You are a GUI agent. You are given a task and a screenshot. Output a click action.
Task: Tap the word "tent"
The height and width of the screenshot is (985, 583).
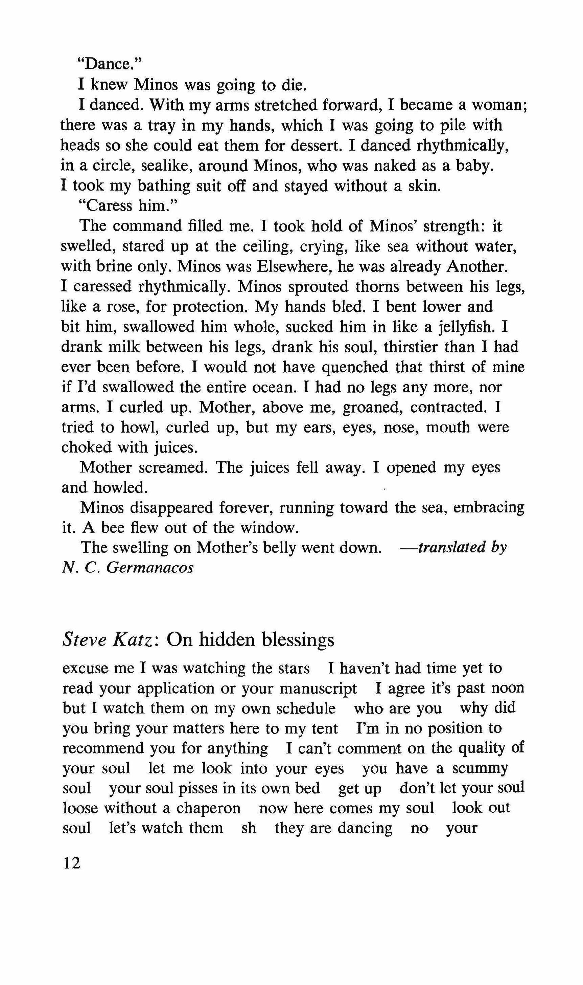click(x=324, y=728)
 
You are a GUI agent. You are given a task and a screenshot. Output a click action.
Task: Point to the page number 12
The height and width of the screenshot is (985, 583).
click(x=71, y=863)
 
